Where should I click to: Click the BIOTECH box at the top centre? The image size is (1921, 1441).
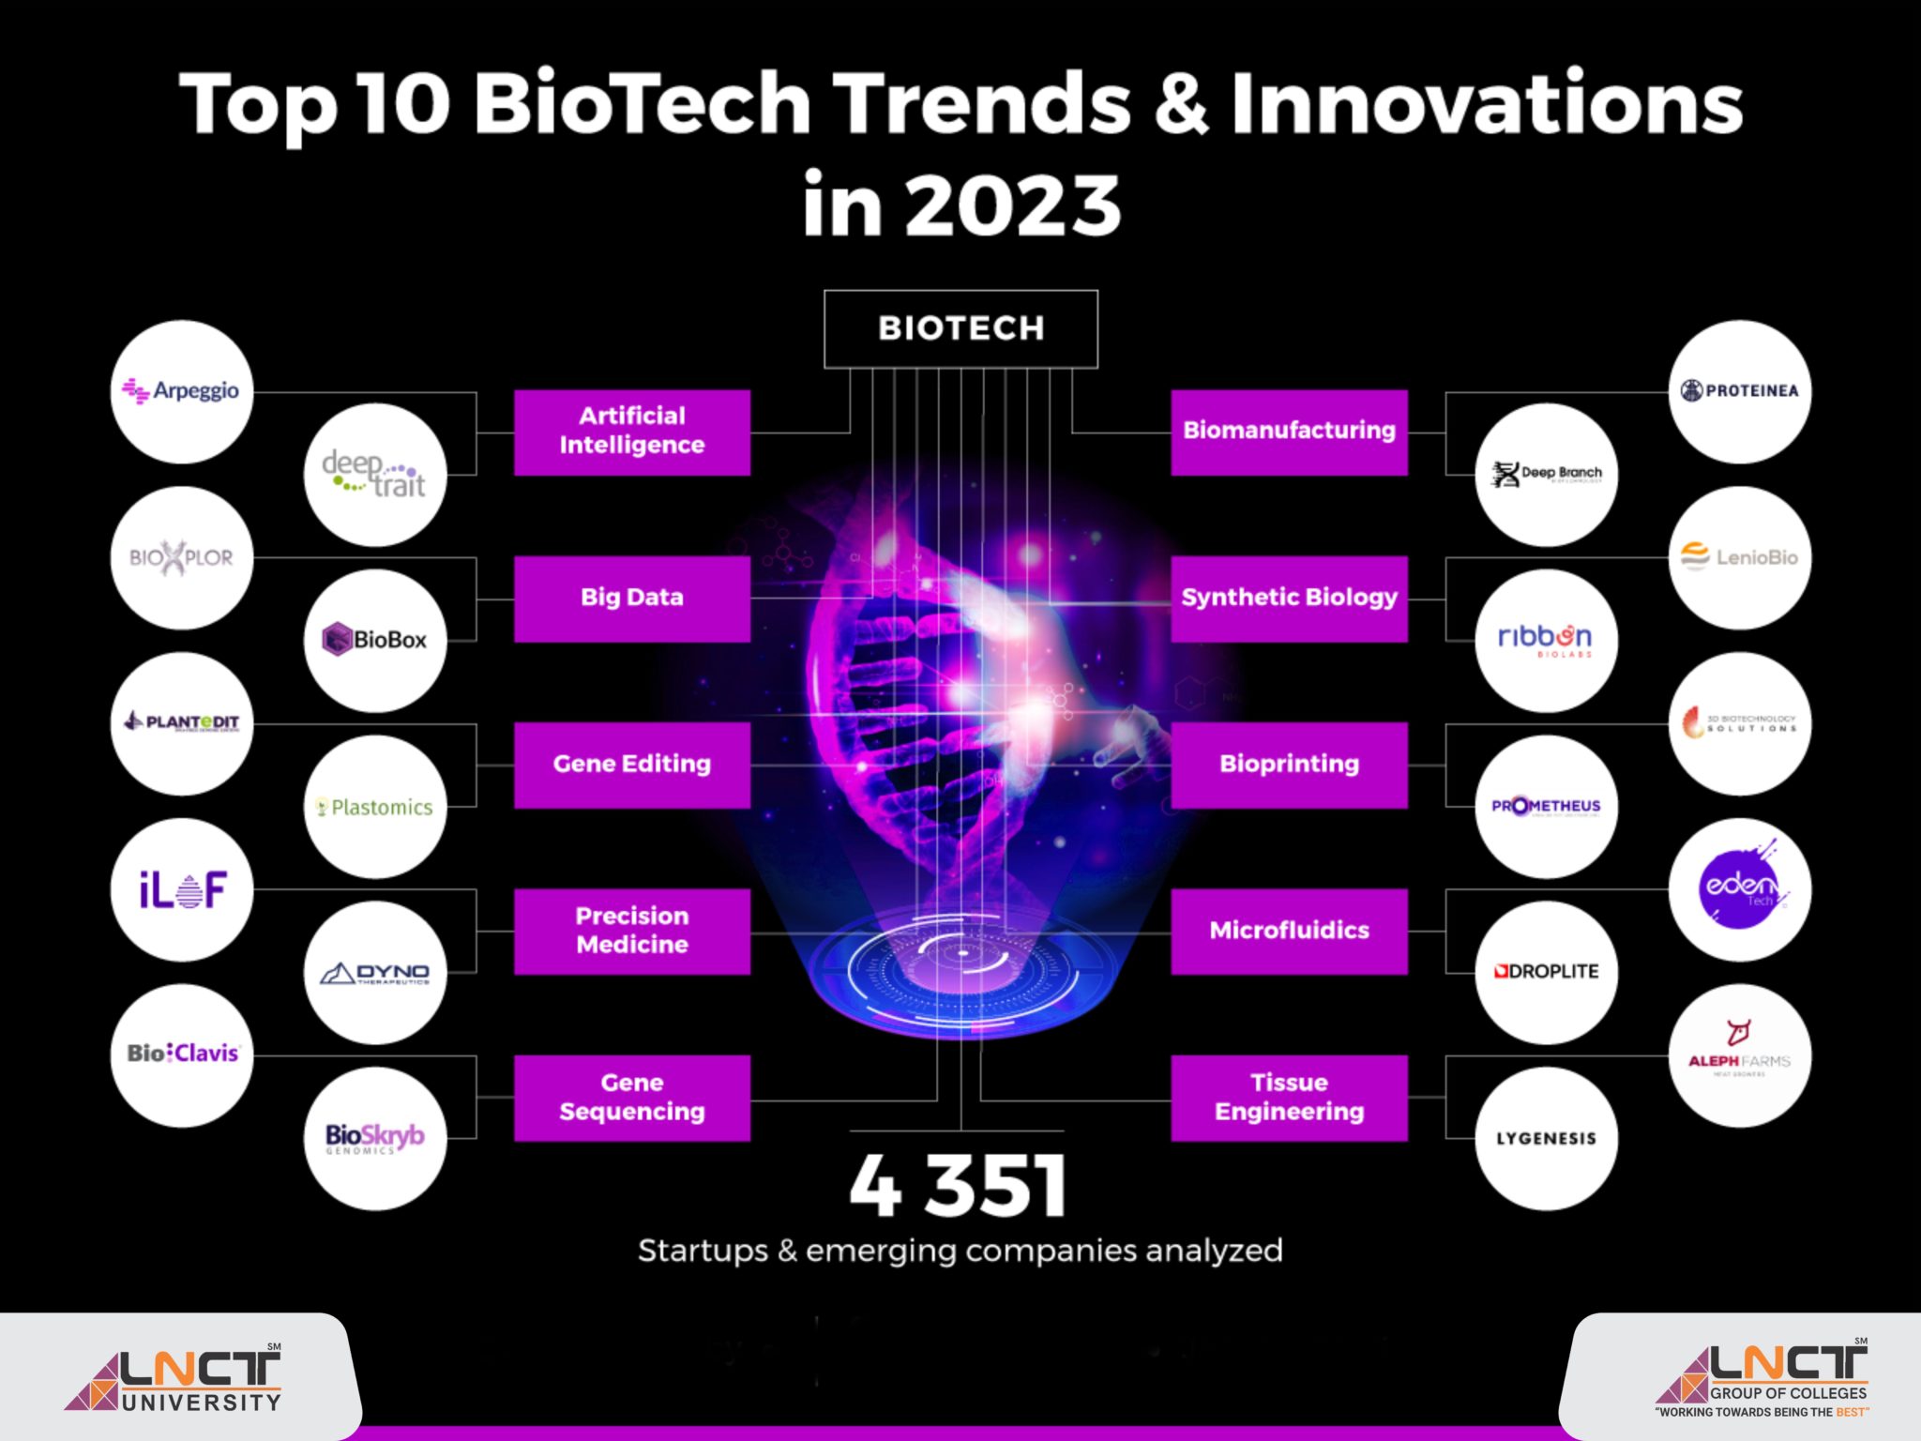point(960,328)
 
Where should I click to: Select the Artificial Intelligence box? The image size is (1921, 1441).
point(631,432)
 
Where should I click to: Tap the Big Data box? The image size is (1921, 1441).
point(631,598)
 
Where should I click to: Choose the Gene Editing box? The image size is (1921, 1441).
point(631,764)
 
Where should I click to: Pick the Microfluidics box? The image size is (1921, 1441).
point(1289,931)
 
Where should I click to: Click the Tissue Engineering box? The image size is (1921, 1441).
point(1289,1097)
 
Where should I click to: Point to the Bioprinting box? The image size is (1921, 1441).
point(1289,764)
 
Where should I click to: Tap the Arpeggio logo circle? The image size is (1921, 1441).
point(182,391)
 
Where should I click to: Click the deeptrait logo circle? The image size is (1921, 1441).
point(375,475)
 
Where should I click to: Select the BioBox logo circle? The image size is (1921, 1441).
point(375,640)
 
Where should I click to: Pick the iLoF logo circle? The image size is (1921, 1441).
point(182,889)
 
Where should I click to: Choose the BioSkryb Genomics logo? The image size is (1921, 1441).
point(375,1138)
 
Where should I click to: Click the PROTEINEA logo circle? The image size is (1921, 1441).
point(1740,391)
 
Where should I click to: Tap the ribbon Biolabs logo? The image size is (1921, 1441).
point(1546,640)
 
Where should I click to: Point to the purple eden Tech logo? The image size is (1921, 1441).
point(1740,887)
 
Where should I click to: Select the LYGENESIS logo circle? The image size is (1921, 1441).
point(1546,1138)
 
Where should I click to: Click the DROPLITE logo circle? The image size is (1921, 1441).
point(1546,972)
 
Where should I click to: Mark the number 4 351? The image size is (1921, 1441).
point(959,1186)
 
